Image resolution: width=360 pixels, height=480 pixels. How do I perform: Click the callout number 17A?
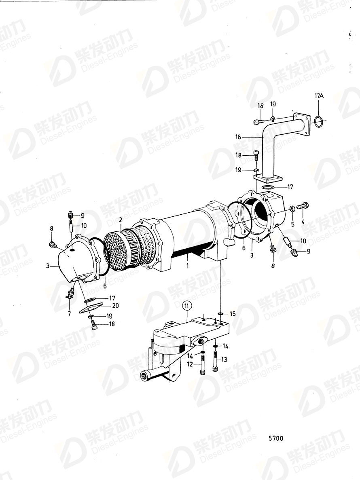[319, 96]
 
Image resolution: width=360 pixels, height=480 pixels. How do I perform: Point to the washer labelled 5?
[292, 209]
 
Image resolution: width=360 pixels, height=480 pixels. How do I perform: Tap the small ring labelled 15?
[220, 314]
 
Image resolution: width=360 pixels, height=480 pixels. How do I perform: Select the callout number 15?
[232, 314]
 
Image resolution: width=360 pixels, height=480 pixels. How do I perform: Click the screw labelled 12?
[201, 369]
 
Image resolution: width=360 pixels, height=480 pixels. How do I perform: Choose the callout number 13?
[224, 359]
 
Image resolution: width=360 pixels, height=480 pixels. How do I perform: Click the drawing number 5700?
[275, 438]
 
